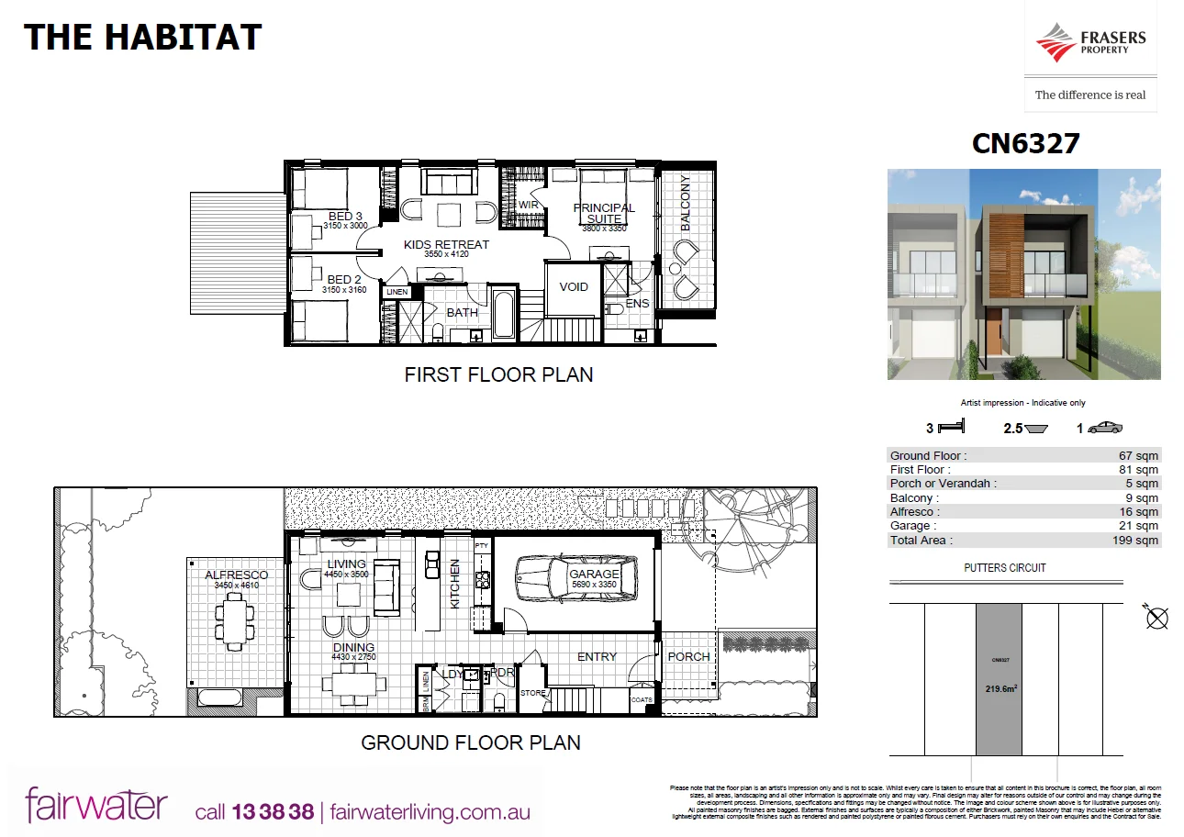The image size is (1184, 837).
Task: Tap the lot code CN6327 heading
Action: click(1025, 143)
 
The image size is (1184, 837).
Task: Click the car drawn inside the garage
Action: click(575, 579)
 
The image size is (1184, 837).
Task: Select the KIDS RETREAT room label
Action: click(447, 244)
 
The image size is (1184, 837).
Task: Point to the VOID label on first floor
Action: click(574, 287)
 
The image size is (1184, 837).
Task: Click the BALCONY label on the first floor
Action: click(685, 203)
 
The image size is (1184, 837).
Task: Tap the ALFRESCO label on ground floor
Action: click(236, 575)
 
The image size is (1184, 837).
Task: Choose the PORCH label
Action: click(688, 656)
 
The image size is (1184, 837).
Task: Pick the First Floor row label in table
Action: click(921, 470)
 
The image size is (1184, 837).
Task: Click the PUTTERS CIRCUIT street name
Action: click(1005, 567)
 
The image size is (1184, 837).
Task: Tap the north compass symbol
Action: click(1156, 618)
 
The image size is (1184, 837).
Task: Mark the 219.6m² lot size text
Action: click(1000, 689)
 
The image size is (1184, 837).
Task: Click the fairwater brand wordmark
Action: click(96, 805)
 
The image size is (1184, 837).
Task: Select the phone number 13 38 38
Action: click(274, 812)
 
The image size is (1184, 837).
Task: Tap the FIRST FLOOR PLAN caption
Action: click(498, 374)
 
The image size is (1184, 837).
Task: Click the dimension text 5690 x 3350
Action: click(594, 585)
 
